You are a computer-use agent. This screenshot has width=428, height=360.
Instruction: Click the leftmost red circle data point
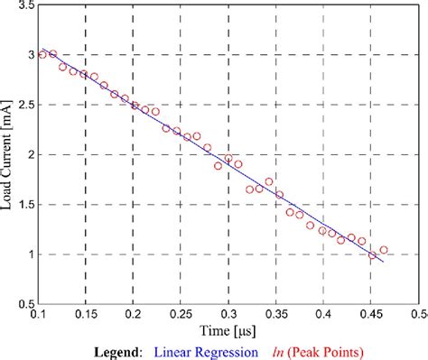point(42,54)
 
